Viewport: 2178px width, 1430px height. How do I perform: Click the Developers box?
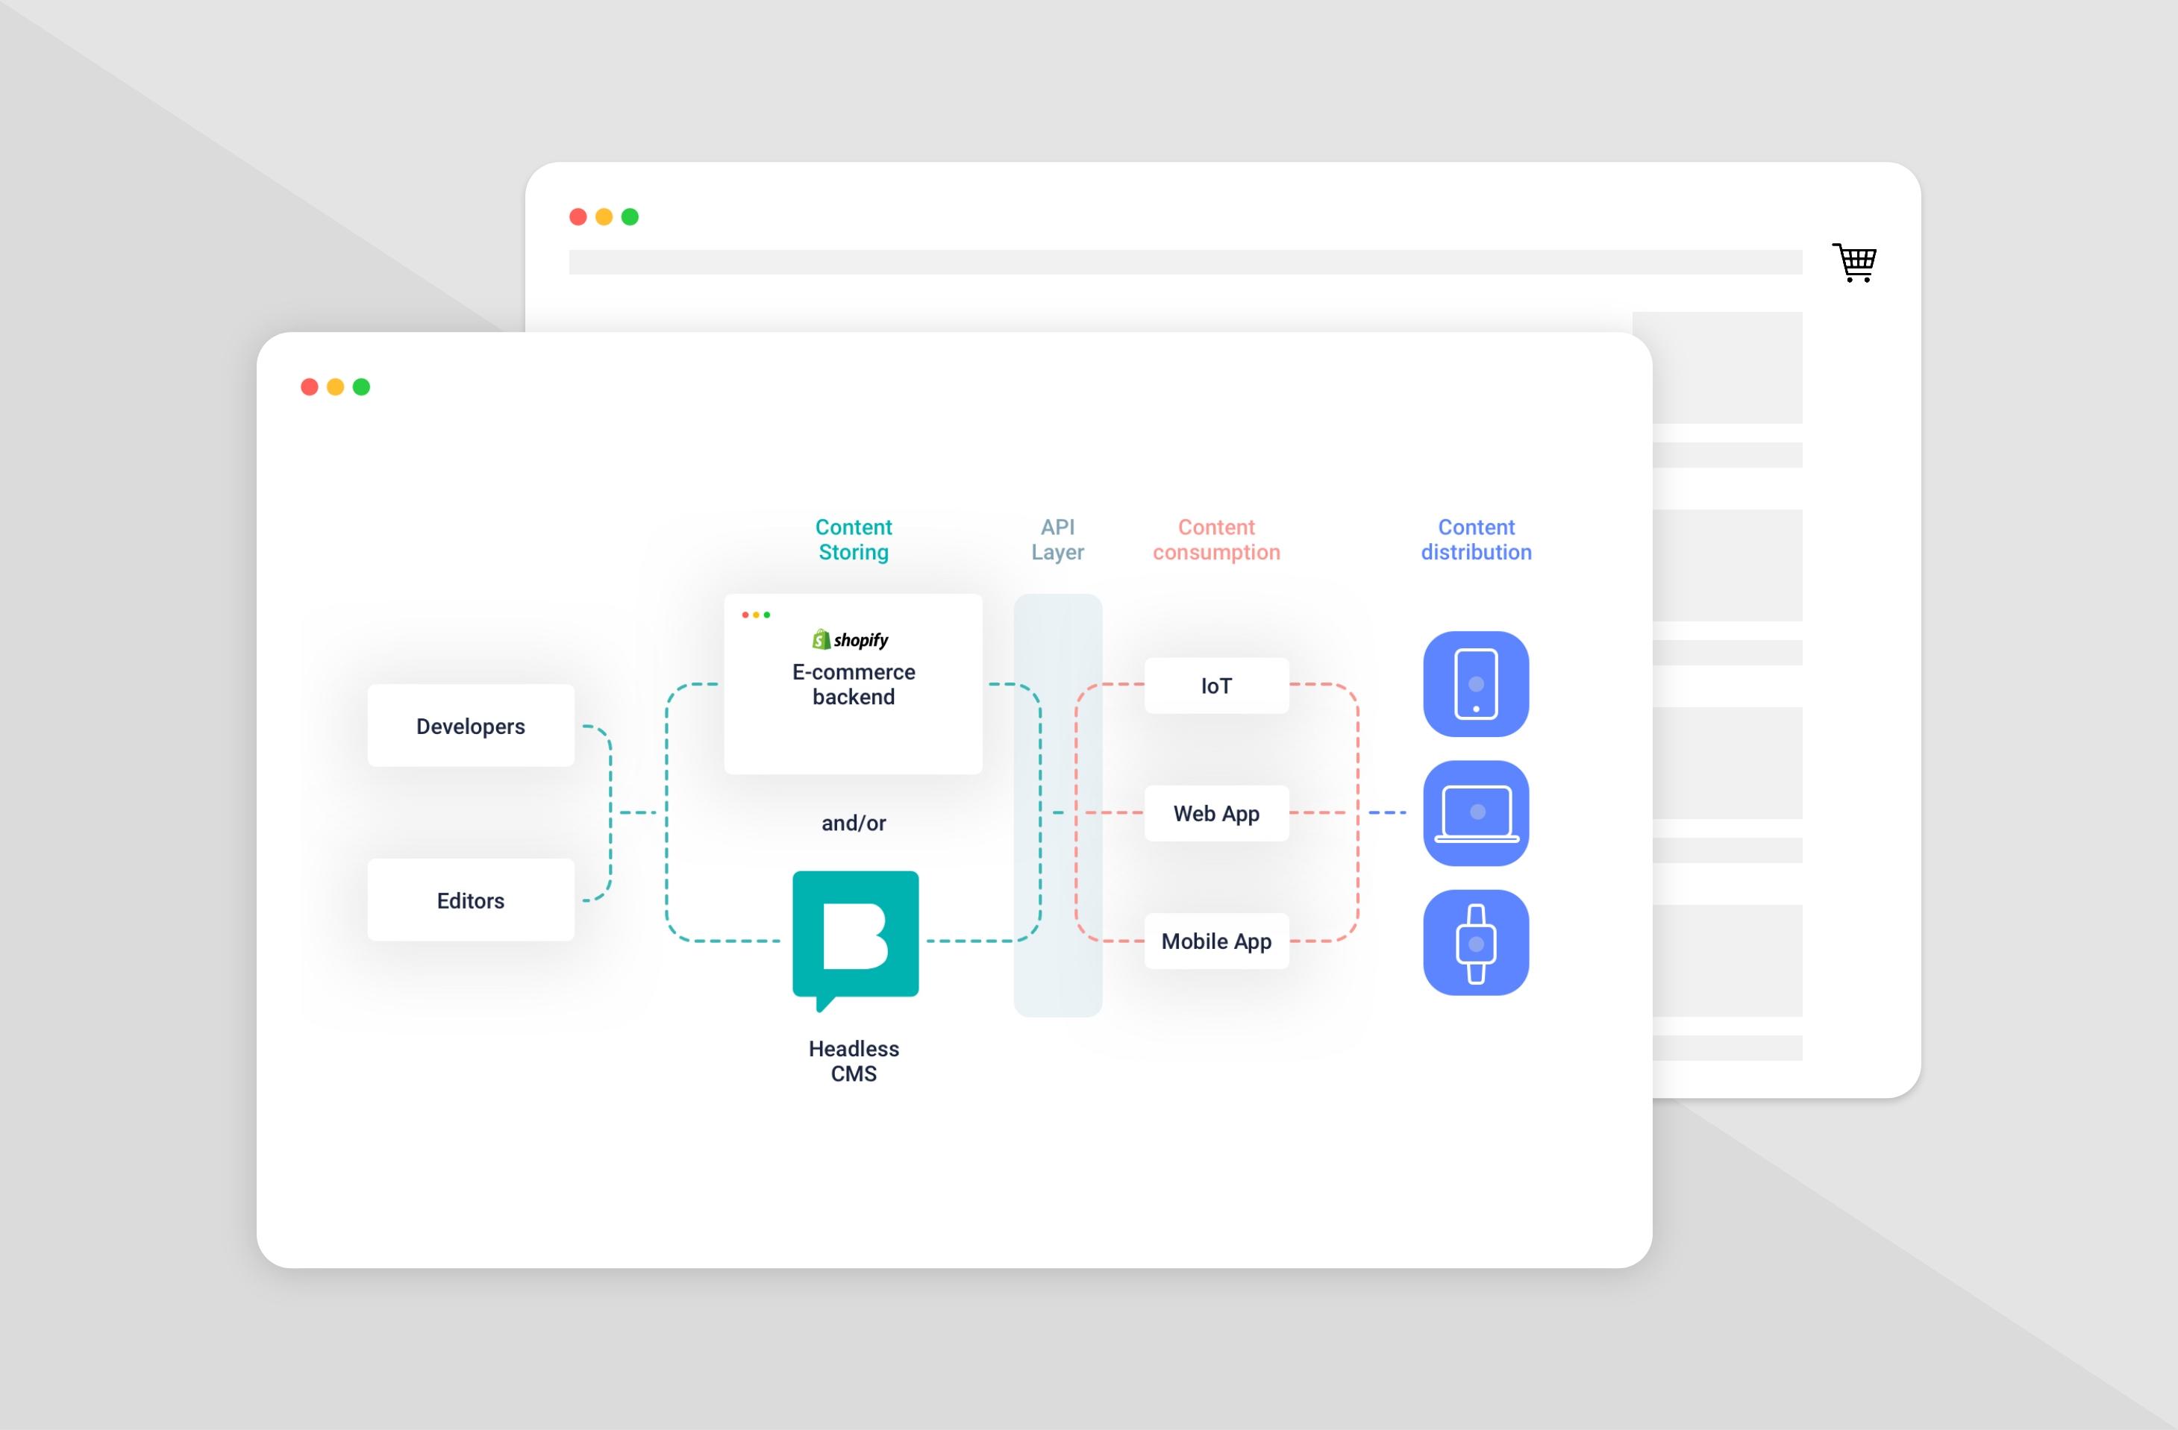[x=470, y=726]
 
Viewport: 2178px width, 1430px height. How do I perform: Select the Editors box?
[x=470, y=900]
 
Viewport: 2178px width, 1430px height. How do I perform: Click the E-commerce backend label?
[x=853, y=684]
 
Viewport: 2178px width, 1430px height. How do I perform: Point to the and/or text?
[x=853, y=823]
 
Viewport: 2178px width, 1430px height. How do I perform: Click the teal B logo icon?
[x=855, y=938]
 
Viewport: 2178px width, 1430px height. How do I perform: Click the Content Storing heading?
[x=853, y=540]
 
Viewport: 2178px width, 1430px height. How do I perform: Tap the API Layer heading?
[x=1057, y=540]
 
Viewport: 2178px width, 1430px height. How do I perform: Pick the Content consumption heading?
[x=1215, y=540]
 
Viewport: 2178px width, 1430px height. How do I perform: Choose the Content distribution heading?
[x=1475, y=540]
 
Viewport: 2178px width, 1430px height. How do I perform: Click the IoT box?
[x=1216, y=686]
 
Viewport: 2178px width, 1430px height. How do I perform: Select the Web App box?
[x=1216, y=813]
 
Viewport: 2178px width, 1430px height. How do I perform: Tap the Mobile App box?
[x=1216, y=941]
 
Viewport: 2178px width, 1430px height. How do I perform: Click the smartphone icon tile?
[x=1475, y=683]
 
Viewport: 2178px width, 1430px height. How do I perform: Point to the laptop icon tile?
[x=1475, y=812]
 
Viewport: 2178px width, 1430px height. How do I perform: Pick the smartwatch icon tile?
[x=1475, y=942]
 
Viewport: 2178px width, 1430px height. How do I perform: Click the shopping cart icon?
[x=1855, y=263]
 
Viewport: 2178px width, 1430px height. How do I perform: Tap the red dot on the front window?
[x=310, y=387]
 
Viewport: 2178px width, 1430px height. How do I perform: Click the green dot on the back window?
[x=630, y=217]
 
